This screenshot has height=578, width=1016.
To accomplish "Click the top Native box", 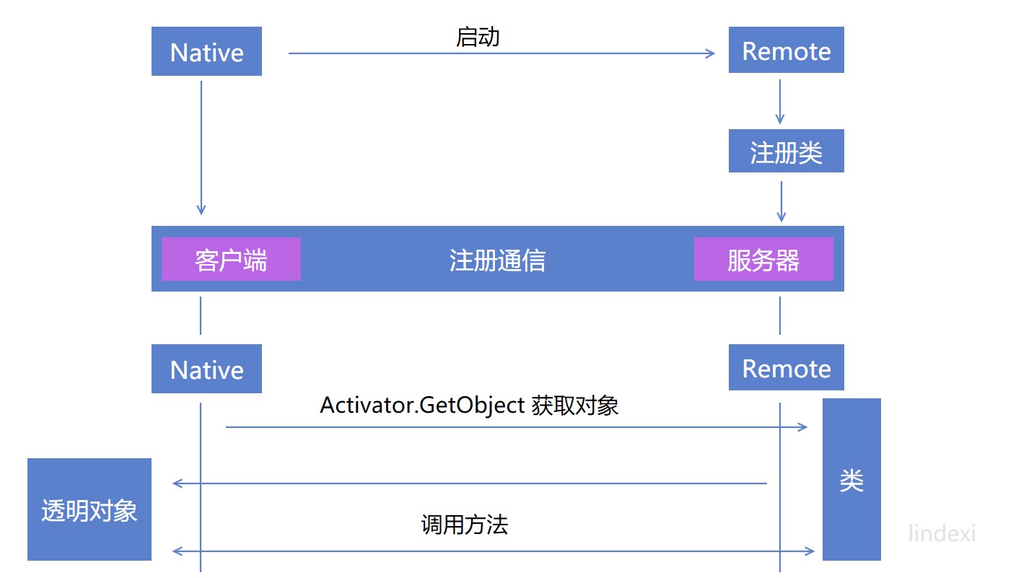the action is click(206, 51).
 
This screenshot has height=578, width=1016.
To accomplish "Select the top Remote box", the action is click(786, 50).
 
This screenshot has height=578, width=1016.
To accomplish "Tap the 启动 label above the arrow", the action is click(478, 38).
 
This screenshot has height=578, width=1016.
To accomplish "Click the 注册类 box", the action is click(786, 151).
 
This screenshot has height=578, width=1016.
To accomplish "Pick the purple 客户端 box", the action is click(231, 259).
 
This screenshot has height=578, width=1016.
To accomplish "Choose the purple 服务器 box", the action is click(763, 259).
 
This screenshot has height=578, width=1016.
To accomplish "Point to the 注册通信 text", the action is click(497, 260).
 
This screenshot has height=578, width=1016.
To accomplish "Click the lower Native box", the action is click(206, 369).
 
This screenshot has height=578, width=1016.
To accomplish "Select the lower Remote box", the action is click(786, 367).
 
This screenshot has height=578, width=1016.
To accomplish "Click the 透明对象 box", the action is click(89, 509).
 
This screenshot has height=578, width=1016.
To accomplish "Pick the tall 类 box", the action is click(851, 479).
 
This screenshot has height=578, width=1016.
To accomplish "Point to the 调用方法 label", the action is click(465, 525).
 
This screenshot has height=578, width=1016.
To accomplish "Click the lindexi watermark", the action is click(942, 533).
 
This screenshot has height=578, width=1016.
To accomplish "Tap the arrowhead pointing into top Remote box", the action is click(710, 53).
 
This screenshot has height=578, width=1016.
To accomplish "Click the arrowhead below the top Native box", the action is click(201, 209).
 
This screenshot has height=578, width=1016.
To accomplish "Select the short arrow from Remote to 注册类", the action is click(780, 102).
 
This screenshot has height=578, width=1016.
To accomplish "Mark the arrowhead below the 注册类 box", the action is click(781, 217).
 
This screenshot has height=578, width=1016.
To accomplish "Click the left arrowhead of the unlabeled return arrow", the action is click(178, 483).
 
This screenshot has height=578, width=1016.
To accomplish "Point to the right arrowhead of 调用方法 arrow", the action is click(810, 551).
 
